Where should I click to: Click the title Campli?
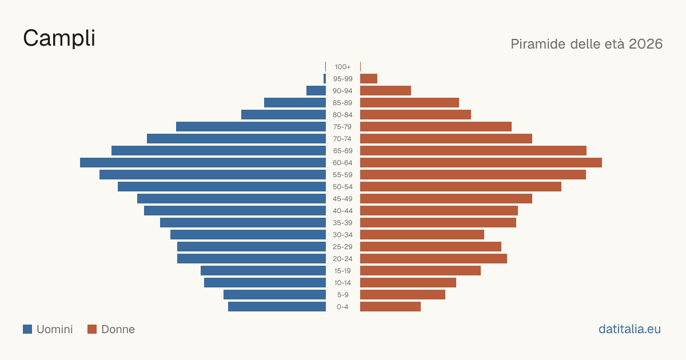59,38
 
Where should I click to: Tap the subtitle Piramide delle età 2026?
587,44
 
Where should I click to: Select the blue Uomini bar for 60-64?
203,162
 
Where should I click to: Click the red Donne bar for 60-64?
481,162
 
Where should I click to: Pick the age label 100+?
342,67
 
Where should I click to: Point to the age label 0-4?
342,307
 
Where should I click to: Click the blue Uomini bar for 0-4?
277,307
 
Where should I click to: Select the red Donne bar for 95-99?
369,79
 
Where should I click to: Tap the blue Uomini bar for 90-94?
316,91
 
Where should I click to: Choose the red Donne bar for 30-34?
422,235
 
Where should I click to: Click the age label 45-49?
342,199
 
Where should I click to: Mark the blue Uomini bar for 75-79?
251,127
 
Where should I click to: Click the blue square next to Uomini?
27,329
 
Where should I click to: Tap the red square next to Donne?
92,329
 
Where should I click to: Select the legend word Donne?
118,329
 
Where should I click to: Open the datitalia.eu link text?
629,329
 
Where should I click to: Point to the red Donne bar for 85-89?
409,102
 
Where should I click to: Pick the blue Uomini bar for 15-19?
263,271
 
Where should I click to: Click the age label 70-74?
342,139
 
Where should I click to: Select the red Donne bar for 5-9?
402,295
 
